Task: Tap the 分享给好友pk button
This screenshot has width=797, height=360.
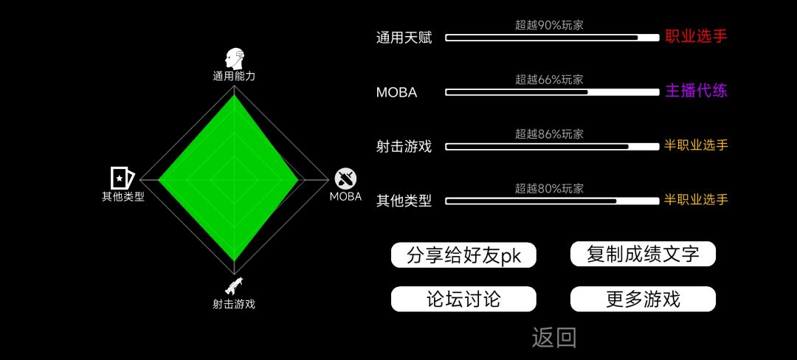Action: point(463,255)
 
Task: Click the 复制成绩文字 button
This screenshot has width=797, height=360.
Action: point(643,254)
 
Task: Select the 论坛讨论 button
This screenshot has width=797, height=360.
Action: point(463,299)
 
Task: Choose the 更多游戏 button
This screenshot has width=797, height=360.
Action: point(643,299)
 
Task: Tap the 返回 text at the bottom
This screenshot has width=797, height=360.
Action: point(554,338)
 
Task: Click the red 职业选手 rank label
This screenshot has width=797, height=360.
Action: point(696,37)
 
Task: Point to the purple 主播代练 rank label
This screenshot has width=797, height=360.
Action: point(696,91)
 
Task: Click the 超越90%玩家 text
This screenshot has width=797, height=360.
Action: point(549,25)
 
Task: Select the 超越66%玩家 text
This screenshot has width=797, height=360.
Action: point(549,79)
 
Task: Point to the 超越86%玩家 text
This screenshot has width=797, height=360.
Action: point(549,134)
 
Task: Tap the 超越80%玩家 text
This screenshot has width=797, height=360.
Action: point(549,189)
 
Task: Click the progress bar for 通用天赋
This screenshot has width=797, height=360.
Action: point(552,38)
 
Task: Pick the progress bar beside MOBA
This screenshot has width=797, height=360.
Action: point(552,92)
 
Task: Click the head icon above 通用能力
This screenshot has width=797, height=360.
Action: point(234,59)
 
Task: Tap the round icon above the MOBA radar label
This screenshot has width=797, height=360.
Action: point(345,179)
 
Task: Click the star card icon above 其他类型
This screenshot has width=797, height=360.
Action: point(123,178)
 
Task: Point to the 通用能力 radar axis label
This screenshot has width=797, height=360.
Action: point(234,77)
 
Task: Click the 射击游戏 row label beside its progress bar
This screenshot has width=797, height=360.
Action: point(404,147)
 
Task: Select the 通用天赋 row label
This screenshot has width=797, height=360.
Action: point(404,38)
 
